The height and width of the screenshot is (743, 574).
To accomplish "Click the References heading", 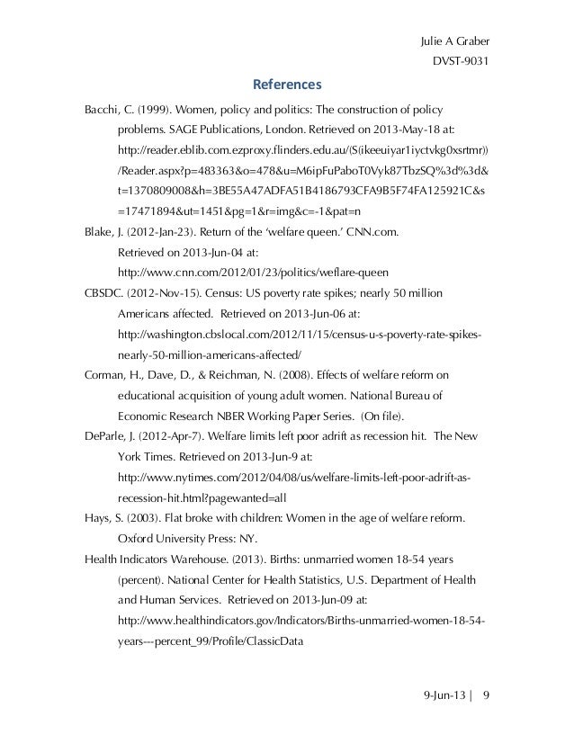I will click(x=286, y=86).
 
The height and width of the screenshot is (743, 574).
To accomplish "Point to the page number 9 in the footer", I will click(x=487, y=696).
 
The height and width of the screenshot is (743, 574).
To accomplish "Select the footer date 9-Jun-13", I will click(x=446, y=696).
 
